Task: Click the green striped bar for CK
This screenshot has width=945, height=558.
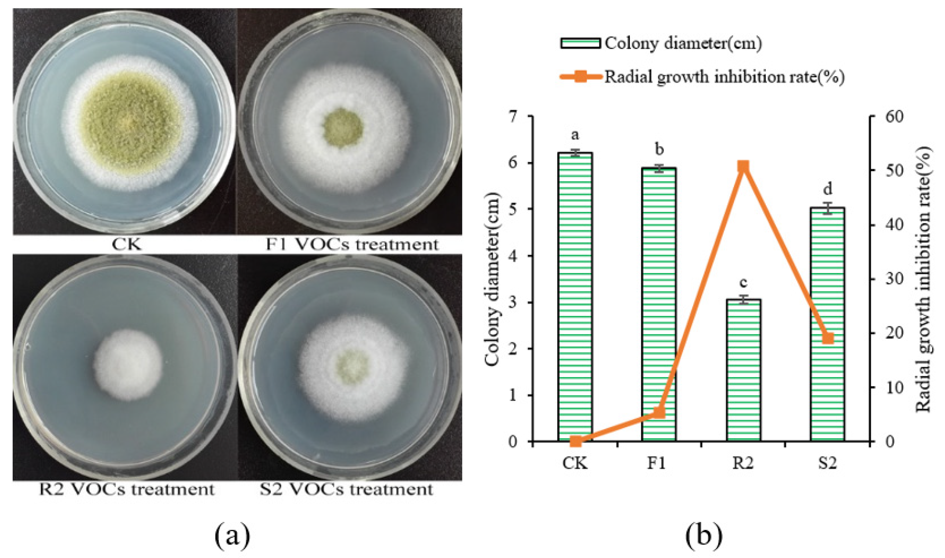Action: click(x=575, y=297)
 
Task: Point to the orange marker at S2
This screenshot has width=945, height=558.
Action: click(x=828, y=339)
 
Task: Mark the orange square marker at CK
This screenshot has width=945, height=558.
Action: click(x=575, y=441)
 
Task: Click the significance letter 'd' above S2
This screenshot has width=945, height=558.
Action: click(x=828, y=189)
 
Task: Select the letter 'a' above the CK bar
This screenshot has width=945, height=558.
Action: click(x=575, y=134)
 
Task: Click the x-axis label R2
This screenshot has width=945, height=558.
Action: click(x=743, y=463)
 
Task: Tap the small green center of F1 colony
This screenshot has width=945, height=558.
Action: click(x=342, y=128)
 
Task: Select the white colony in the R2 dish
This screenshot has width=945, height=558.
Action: click(x=128, y=364)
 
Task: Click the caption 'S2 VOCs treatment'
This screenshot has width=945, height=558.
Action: click(x=346, y=489)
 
